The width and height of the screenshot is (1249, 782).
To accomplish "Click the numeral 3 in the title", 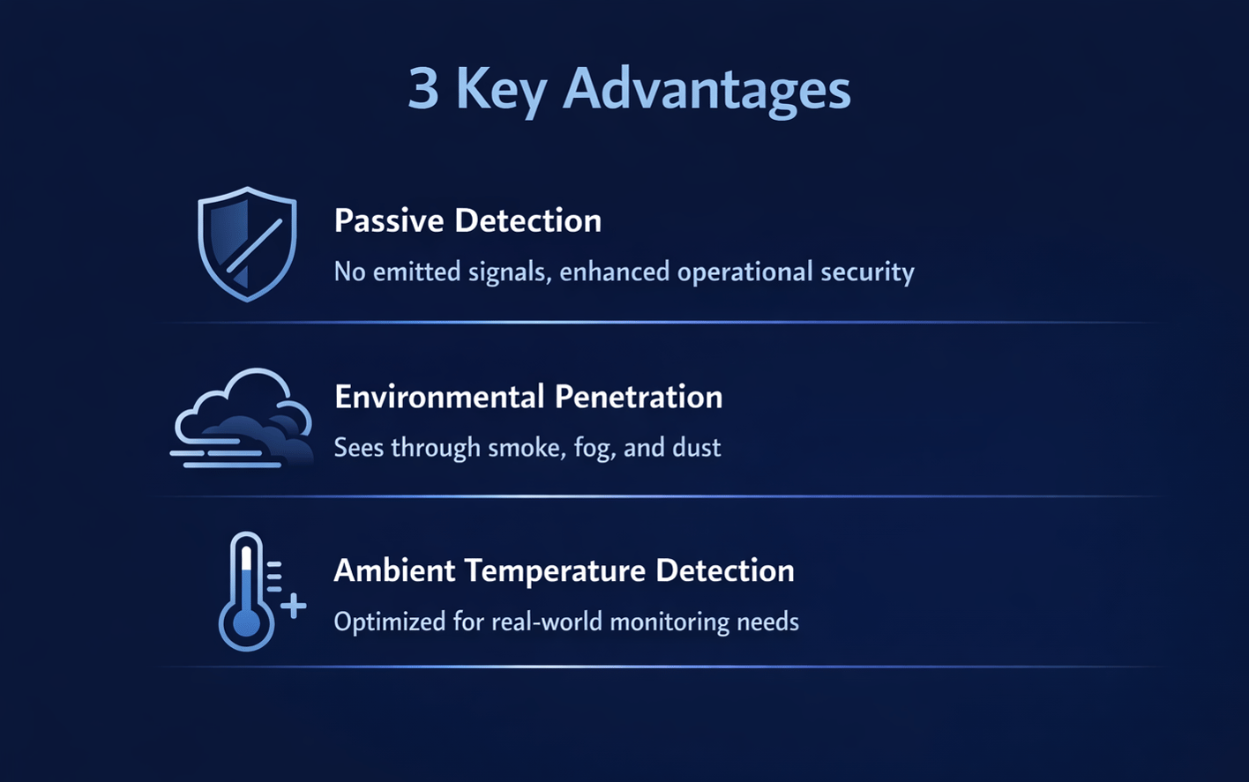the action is pos(423,88).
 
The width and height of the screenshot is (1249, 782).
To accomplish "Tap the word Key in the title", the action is pos(501,92).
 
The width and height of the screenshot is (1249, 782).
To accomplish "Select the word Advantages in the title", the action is pos(707,92).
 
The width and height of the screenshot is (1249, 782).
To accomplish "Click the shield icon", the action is pos(247,244).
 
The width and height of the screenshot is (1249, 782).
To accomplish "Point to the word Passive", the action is pos(389,220).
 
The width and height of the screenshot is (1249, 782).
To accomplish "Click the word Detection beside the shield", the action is pos(528,220).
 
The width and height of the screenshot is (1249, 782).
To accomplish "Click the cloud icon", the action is pos(242,418).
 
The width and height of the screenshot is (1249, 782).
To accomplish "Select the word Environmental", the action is pos(439,397).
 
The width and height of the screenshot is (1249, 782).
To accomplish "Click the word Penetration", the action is pos(639,397).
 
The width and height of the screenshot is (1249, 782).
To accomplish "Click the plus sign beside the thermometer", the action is pos(294,606).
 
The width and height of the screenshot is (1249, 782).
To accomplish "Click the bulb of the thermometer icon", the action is pos(246,622).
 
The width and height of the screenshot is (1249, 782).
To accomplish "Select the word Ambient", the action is pos(394,570).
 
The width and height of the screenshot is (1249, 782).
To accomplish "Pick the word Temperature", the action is pos(555,572).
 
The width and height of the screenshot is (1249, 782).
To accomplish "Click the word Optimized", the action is pos(390,622).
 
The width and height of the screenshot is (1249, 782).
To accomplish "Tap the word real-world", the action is pos(547,622).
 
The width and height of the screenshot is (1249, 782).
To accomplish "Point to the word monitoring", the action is pos(669,622).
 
